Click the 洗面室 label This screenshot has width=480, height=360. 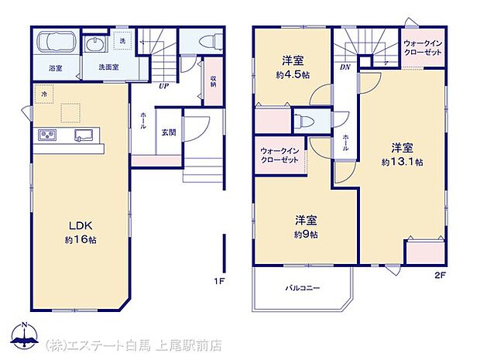[x=108, y=67]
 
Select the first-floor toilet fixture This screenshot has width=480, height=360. [x=207, y=41]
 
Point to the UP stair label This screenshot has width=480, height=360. [x=164, y=86]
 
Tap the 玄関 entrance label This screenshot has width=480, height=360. [x=168, y=132]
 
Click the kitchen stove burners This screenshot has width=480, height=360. [x=46, y=136]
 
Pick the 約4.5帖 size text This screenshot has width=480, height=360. [x=293, y=75]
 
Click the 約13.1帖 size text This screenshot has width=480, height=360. [x=401, y=162]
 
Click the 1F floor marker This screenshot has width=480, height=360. [x=219, y=280]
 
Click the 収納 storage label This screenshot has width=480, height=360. [x=213, y=81]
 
